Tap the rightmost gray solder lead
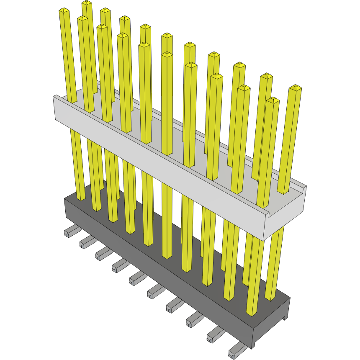[x=237, y=348]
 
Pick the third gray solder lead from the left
[x=103, y=252]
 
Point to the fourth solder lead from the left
[x=119, y=264]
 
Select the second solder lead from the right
[x=215, y=334]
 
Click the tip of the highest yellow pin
[x=87, y=3]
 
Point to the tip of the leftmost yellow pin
[x=64, y=10]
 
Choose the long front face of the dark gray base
[x=159, y=276]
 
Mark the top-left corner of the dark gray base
[x=65, y=200]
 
